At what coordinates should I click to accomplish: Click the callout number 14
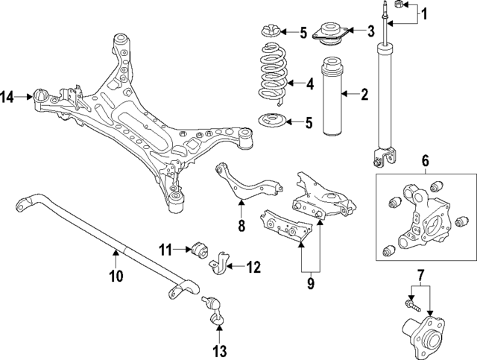[7, 97]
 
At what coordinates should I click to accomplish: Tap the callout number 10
[117, 276]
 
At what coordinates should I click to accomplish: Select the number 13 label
[220, 351]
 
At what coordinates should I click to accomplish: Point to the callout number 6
[425, 160]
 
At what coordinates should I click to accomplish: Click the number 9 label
[311, 283]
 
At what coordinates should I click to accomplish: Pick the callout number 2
[364, 95]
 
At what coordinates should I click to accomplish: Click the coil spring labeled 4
[273, 74]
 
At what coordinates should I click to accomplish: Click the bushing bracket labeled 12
[218, 264]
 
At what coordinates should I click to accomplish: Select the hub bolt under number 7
[413, 306]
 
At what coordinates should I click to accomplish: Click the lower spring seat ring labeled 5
[271, 121]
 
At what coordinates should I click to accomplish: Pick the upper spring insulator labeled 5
[270, 31]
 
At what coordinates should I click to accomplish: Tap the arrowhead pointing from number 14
[30, 97]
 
